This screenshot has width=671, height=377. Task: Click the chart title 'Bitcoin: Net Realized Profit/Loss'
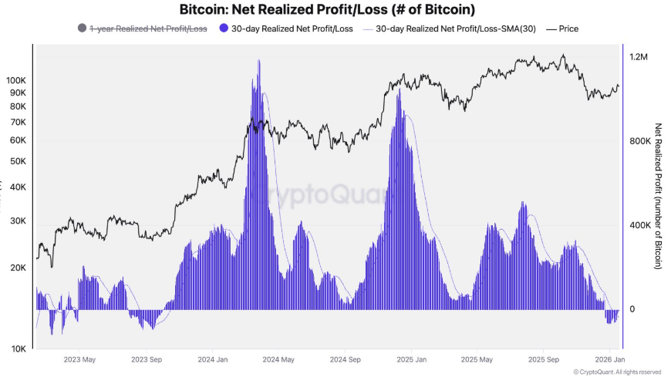pos(326,10)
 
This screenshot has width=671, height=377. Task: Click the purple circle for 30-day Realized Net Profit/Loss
pos(224,29)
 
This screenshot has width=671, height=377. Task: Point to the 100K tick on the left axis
pos(16,80)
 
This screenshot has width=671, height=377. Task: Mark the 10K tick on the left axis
pos(18,348)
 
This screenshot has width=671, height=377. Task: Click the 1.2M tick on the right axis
pos(639,57)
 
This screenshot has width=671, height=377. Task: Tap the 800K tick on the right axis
pos(641,141)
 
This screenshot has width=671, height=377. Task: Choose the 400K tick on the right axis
pos(641,225)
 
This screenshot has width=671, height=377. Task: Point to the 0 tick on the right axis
pos(632,309)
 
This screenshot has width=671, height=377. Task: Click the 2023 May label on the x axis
pos(79,359)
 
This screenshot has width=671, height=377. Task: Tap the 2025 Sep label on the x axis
pos(542,359)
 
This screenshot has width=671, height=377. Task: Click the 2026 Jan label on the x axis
pos(609,359)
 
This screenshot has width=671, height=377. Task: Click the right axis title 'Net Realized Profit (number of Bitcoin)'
pos(658,196)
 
